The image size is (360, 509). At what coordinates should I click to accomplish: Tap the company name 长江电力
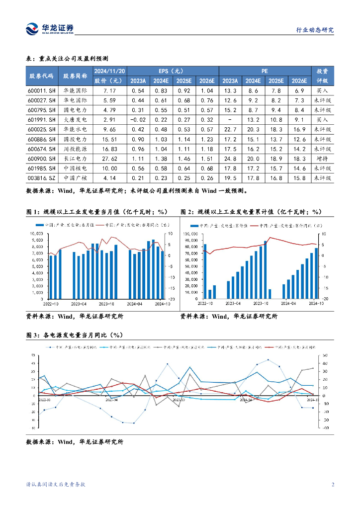pos(76,159)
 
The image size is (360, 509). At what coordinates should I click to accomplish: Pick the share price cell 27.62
pos(109,159)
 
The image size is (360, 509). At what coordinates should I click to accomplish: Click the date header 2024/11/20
pos(109,71)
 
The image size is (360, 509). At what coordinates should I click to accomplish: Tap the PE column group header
pos(264,71)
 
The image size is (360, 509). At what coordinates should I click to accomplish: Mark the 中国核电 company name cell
pos(76,169)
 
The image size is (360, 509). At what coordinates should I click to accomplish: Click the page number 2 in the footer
pos(333,485)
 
